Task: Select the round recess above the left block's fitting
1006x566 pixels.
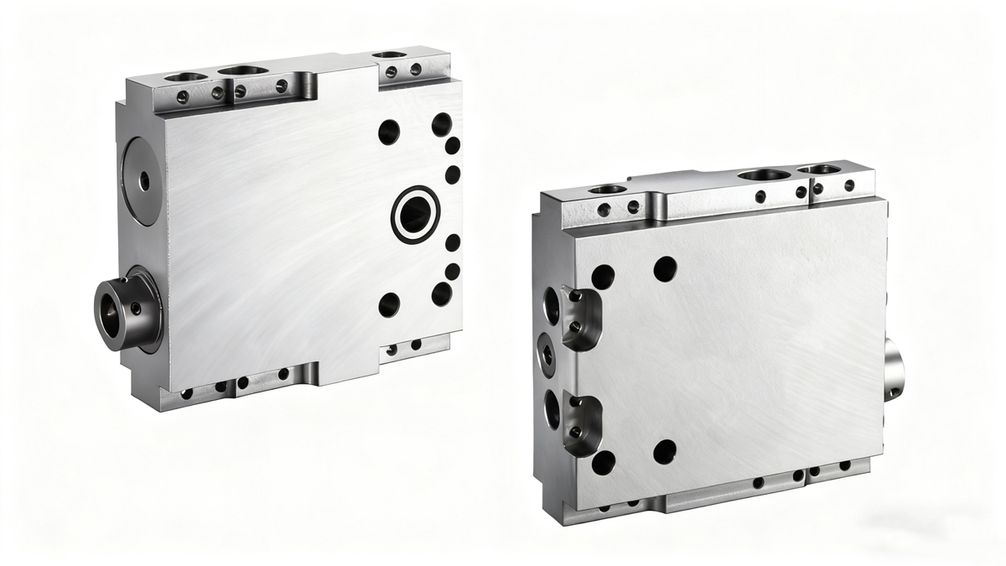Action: click(x=143, y=180)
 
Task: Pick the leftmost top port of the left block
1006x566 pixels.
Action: click(x=186, y=76)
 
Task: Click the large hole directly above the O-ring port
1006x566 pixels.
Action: click(x=389, y=132)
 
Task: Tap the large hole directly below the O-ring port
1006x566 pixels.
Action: click(x=389, y=304)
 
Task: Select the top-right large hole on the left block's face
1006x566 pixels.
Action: click(x=442, y=125)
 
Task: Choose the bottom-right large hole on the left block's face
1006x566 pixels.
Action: click(x=442, y=293)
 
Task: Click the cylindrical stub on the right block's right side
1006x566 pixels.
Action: click(x=895, y=369)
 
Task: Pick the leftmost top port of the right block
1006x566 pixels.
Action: click(x=608, y=190)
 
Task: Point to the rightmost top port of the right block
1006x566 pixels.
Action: click(x=823, y=169)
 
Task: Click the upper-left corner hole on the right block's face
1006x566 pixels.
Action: click(x=603, y=277)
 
